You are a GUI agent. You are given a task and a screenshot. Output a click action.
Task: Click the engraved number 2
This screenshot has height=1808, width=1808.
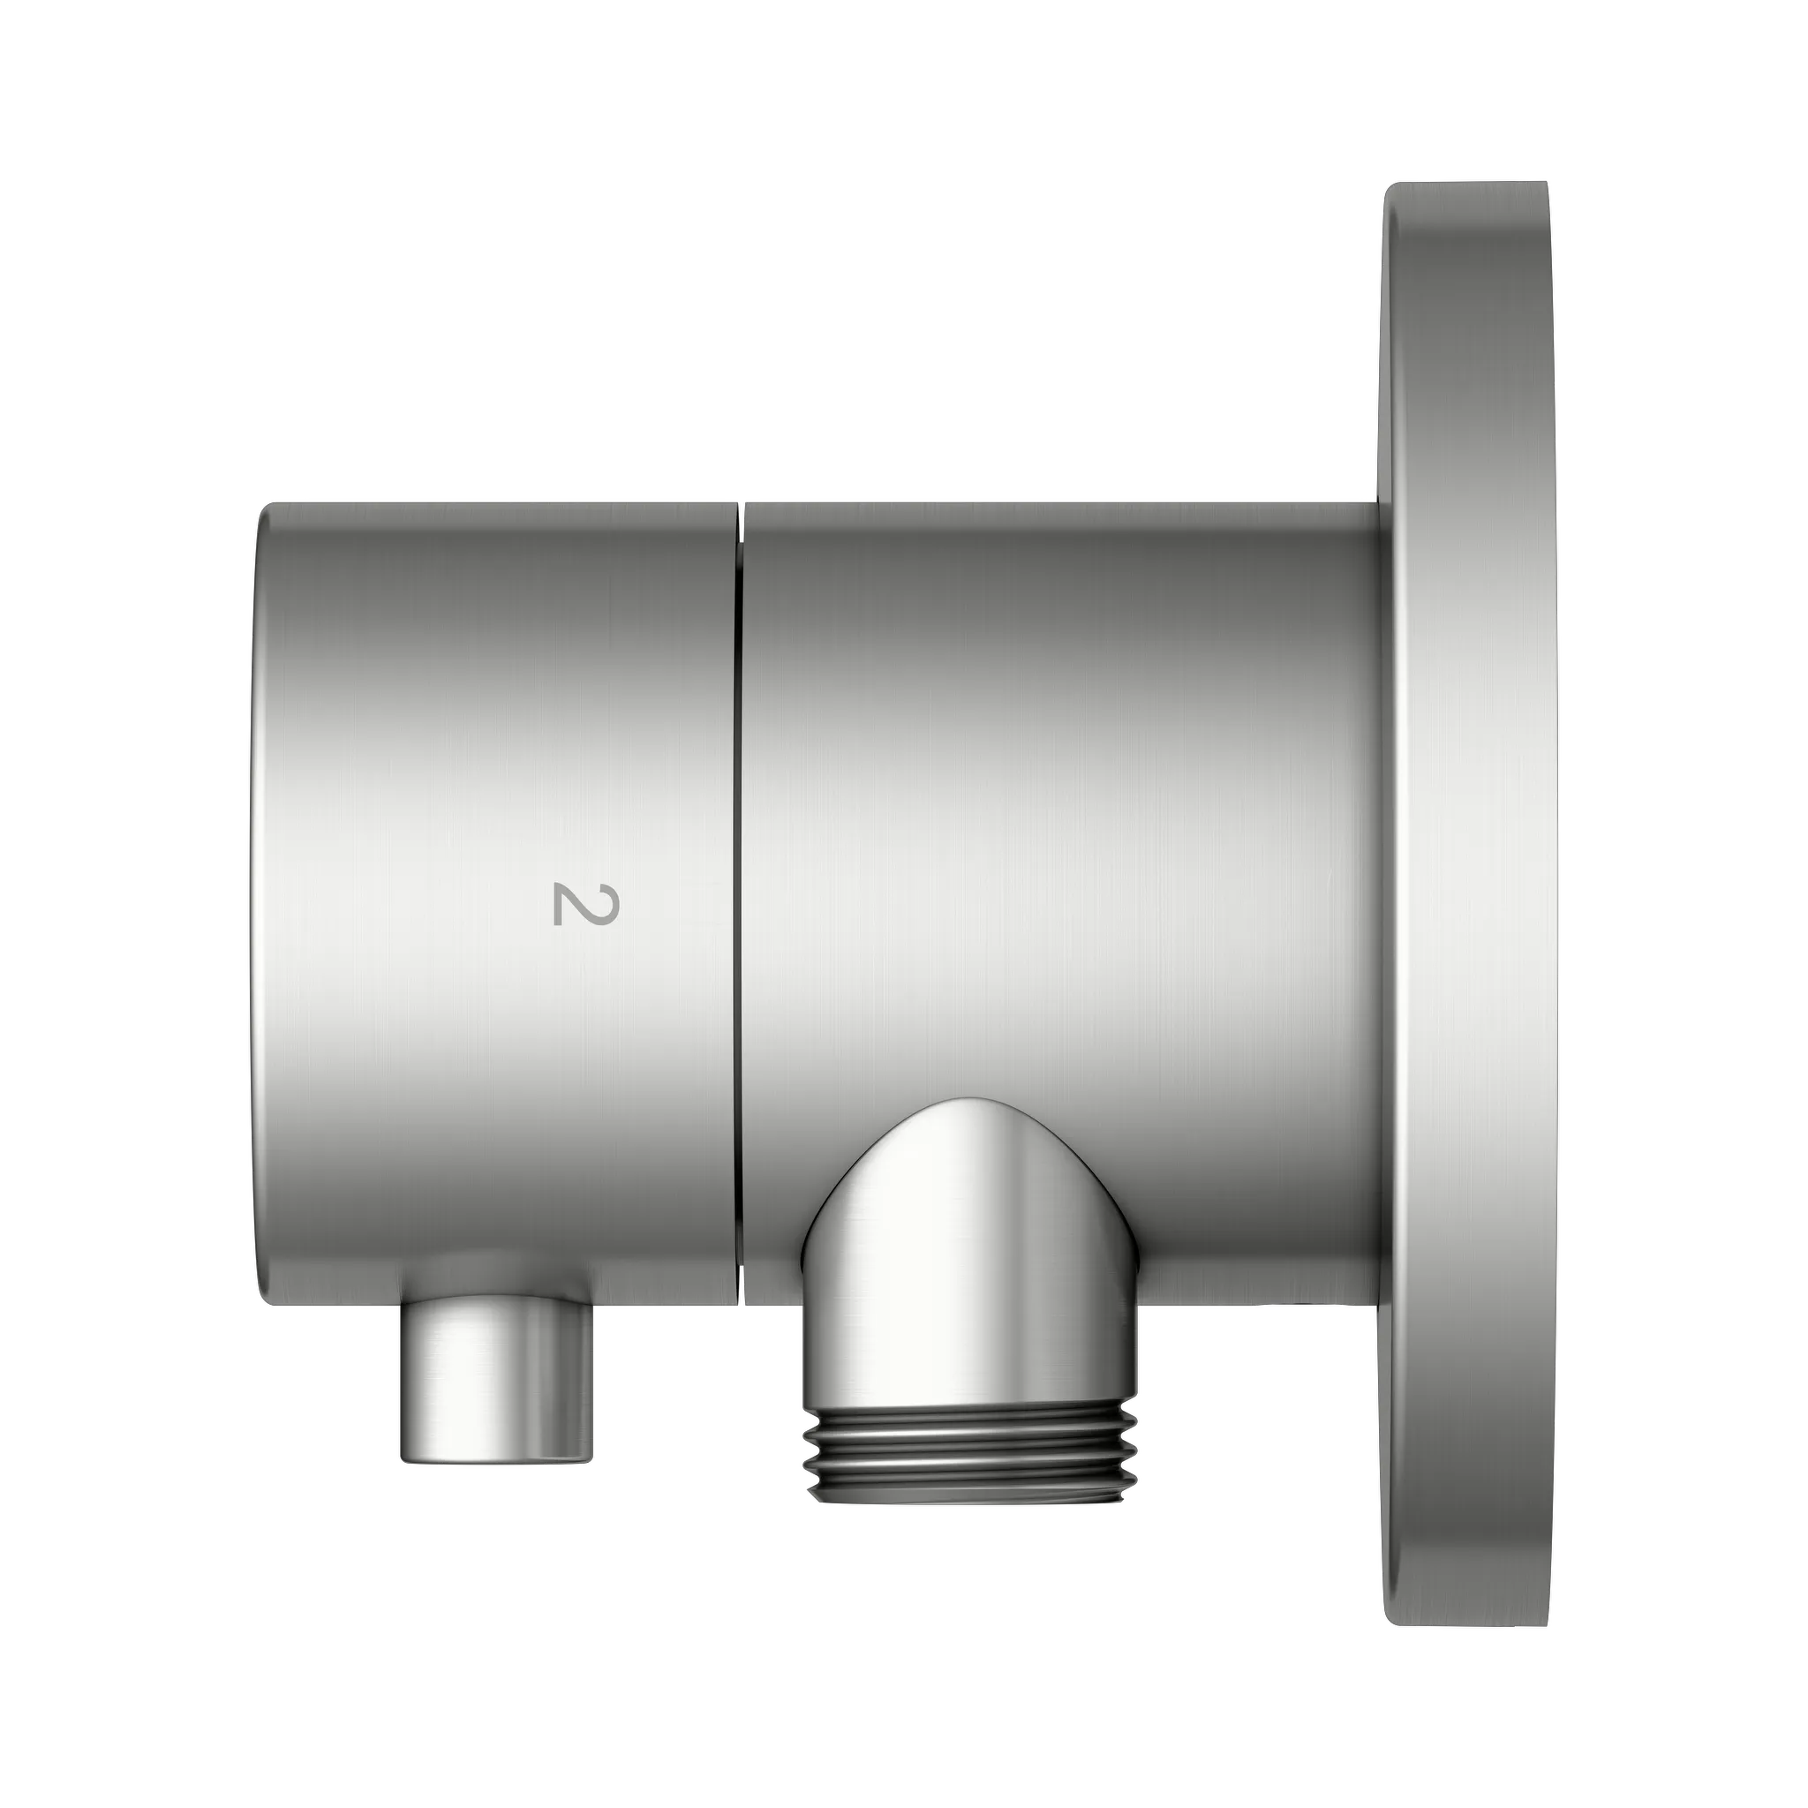pyautogui.click(x=586, y=903)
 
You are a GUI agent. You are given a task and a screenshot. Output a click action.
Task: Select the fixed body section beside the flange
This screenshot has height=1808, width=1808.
pyautogui.click(x=1058, y=749)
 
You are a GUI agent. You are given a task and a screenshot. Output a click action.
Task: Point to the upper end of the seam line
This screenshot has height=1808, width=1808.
pyautogui.click(x=740, y=510)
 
